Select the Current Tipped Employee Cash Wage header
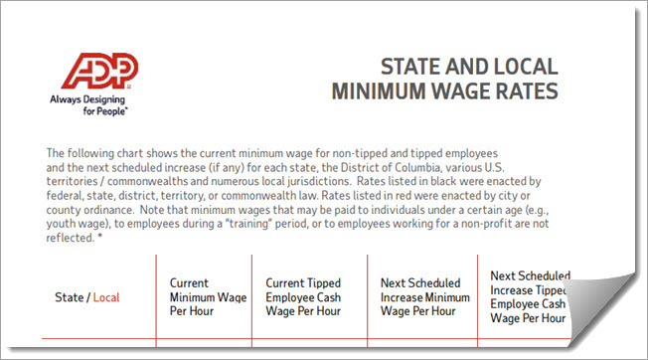pos(303,296)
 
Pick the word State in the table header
pos(70,297)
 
